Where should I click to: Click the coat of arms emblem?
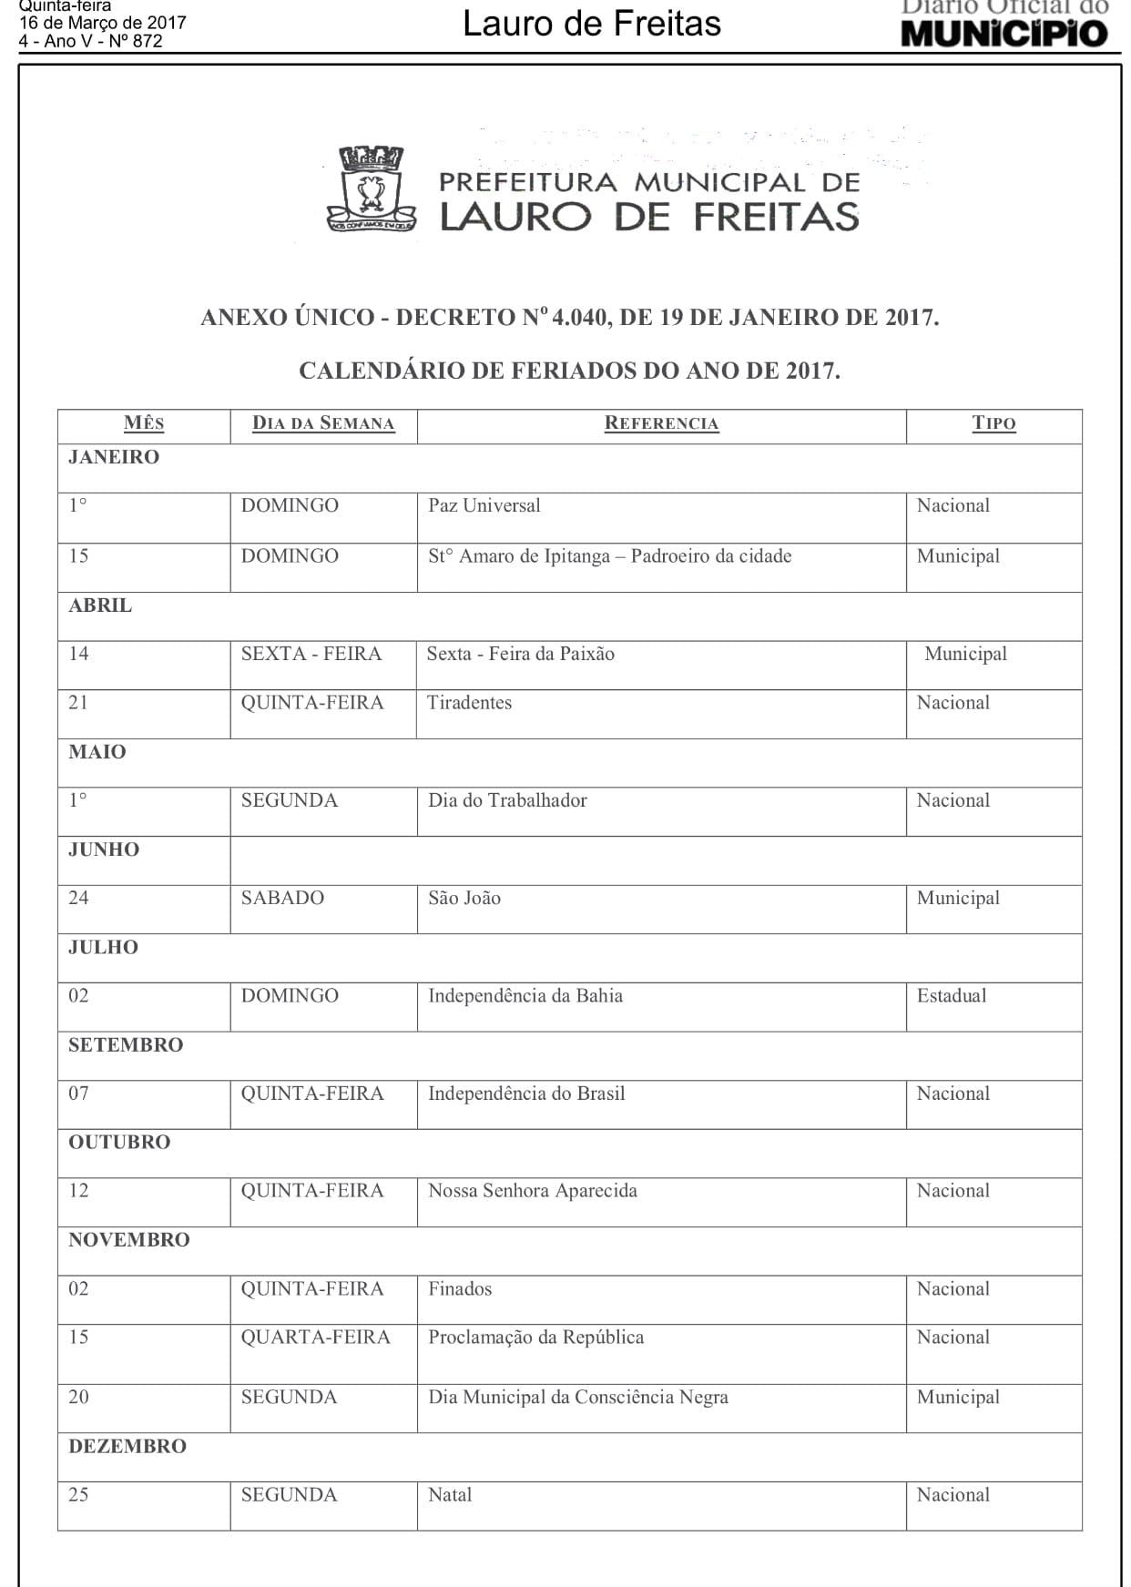pos(371,189)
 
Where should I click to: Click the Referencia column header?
pos(661,423)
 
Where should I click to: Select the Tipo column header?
pos(993,423)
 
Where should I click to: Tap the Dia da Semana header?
pos(323,423)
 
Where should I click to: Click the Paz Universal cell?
pos(484,506)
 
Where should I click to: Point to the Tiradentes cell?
pos(470,703)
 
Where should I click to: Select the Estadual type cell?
pos(952,996)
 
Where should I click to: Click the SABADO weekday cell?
pos(282,899)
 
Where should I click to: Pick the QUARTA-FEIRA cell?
pos(315,1338)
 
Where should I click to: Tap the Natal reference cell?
pos(451,1495)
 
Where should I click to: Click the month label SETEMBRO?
pos(126,1045)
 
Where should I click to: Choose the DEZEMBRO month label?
pos(127,1447)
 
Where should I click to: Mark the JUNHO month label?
pos(104,849)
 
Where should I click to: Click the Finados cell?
pos(460,1289)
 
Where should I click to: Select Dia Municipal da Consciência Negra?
pos(578,1398)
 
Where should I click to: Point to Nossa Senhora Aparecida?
pos(533,1191)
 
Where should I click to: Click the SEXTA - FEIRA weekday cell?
pos(311,654)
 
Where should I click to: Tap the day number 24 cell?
pos(79,899)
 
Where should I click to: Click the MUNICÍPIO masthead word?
pos(1004,34)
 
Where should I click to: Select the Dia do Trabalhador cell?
pos(507,801)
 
